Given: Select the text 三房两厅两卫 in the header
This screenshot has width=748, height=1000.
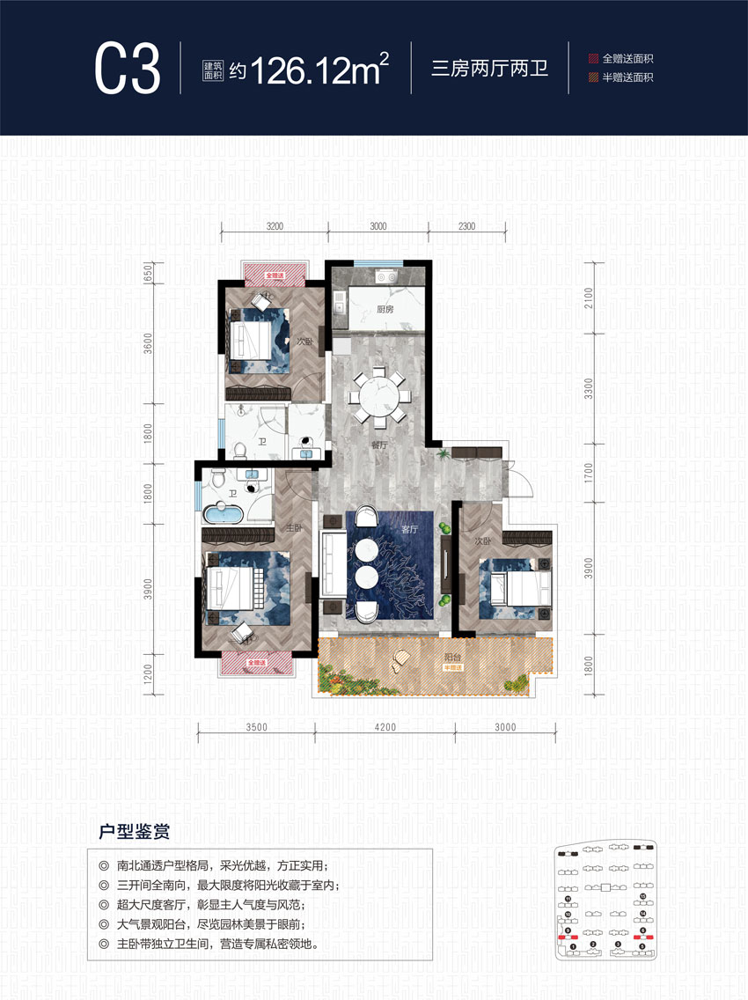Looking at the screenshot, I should (x=489, y=69).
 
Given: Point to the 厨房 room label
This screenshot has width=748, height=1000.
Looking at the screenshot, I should (x=384, y=310).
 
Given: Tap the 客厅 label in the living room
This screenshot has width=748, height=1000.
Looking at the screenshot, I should (x=409, y=530).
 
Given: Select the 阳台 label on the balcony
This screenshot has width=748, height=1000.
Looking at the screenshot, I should (x=454, y=655).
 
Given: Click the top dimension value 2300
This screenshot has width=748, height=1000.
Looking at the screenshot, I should (x=466, y=226).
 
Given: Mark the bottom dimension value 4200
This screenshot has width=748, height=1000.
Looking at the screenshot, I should (x=385, y=727).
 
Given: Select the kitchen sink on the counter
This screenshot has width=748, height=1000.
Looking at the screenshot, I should (x=384, y=277).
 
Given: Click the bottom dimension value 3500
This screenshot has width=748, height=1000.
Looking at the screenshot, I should (x=256, y=727).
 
